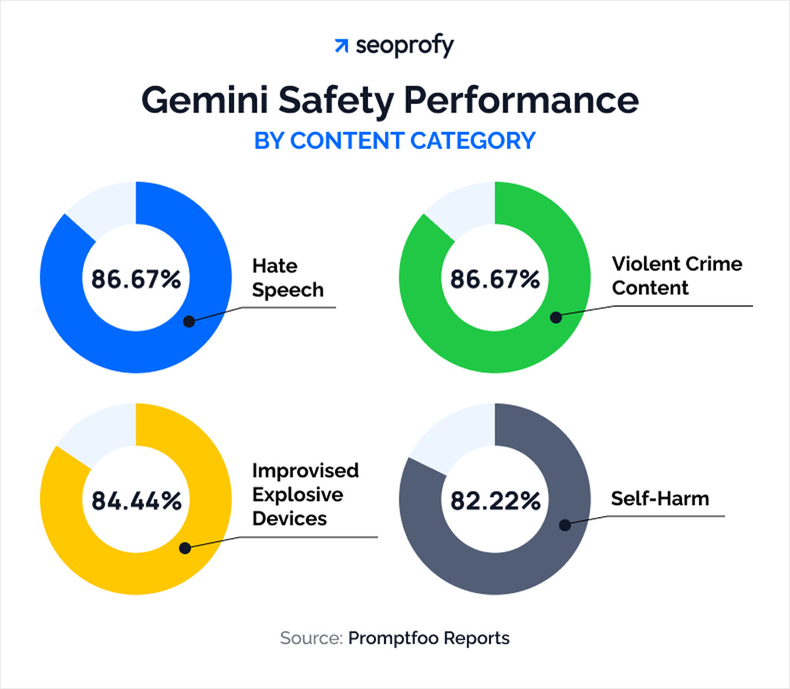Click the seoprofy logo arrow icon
click(x=340, y=46)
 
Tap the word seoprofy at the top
click(x=405, y=46)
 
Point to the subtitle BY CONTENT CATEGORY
click(x=394, y=141)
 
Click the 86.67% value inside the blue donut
click(x=136, y=278)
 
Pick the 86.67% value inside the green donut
click(x=495, y=278)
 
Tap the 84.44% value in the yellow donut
click(x=136, y=500)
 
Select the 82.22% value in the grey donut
click(x=495, y=500)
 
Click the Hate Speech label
click(x=288, y=278)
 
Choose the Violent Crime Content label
click(x=677, y=275)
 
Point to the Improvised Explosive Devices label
click(x=306, y=494)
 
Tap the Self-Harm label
click(x=660, y=498)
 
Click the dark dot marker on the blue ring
click(x=189, y=320)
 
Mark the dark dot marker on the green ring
click(x=555, y=316)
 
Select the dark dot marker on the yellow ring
click(x=185, y=548)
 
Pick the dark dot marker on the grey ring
click(x=565, y=525)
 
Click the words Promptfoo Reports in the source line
click(x=429, y=638)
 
